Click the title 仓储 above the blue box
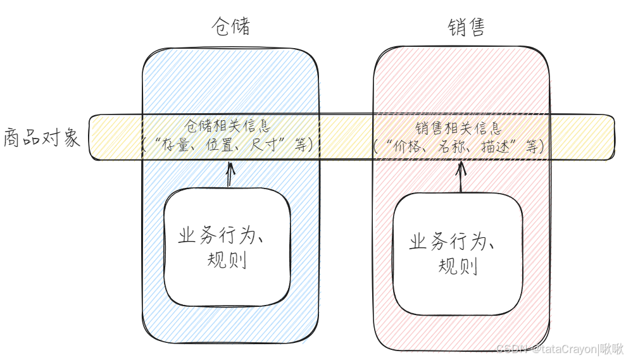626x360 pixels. pyautogui.click(x=230, y=26)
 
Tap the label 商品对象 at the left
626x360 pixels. pyautogui.click(x=42, y=137)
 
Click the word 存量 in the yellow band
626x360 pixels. pyautogui.click(x=173, y=144)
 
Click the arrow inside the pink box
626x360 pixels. pyautogui.click(x=460, y=177)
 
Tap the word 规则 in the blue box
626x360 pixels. pyautogui.click(x=227, y=260)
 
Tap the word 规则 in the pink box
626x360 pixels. pyautogui.click(x=458, y=266)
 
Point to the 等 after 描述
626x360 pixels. pyautogui.click(x=532, y=146)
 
